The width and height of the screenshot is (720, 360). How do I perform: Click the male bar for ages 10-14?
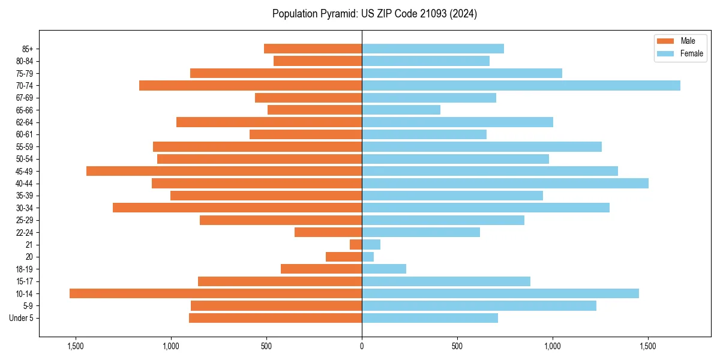pos(215,293)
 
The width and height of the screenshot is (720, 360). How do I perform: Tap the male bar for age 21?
pos(356,245)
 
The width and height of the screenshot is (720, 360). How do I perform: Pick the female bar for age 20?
pos(368,257)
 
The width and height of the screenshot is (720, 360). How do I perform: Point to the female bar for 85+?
pos(433,49)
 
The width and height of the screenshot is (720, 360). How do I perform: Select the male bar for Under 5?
pos(275,318)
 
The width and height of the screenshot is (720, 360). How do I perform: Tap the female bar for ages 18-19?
pos(384,269)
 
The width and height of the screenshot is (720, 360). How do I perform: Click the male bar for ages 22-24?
pos(328,232)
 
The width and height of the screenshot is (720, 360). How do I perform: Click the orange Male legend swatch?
pos(665,41)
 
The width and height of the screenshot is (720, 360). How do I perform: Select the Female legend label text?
pos(692,53)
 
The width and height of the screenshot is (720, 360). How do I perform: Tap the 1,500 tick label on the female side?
pos(648,346)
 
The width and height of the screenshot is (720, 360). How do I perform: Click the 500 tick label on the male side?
pos(266,346)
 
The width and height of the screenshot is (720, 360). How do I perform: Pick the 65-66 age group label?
pos(24,110)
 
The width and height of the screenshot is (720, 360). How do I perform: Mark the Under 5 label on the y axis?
pos(22,318)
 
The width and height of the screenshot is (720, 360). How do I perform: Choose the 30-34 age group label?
pos(24,208)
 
